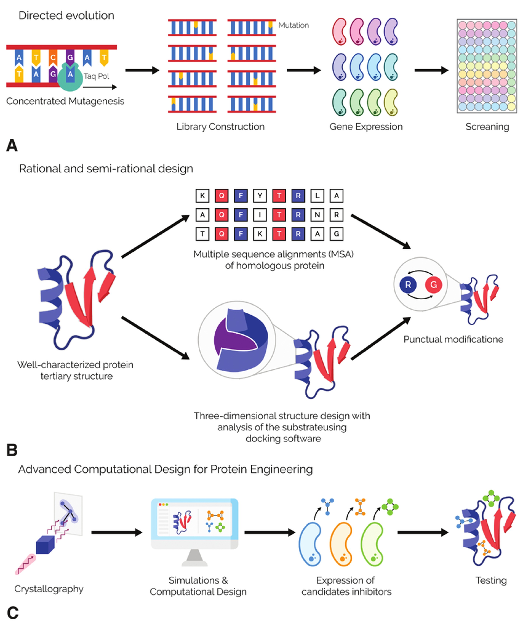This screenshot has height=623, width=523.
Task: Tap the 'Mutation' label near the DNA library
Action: tap(294, 25)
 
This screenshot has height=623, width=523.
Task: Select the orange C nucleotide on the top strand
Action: tap(53, 57)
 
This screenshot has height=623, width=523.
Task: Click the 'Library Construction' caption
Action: tap(220, 127)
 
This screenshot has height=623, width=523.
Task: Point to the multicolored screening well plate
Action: tap(487, 66)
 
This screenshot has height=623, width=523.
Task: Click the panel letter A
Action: tap(12, 146)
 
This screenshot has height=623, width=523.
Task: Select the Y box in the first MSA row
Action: tap(260, 196)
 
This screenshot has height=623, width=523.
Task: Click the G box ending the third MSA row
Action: tap(336, 234)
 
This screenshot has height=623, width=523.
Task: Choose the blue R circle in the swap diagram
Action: tap(408, 285)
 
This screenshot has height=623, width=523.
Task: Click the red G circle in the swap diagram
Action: tap(434, 285)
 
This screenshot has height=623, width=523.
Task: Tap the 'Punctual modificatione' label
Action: tap(453, 339)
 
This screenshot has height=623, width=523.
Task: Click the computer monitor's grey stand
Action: tap(194, 558)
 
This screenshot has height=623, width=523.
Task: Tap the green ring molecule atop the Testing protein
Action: tap(491, 498)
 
